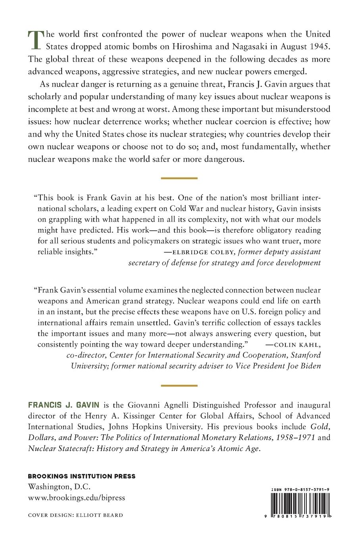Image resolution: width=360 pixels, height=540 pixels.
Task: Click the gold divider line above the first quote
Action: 179,178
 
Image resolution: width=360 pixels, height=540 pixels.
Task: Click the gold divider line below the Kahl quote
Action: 179,386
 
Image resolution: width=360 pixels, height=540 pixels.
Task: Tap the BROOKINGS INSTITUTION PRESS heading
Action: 81,476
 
